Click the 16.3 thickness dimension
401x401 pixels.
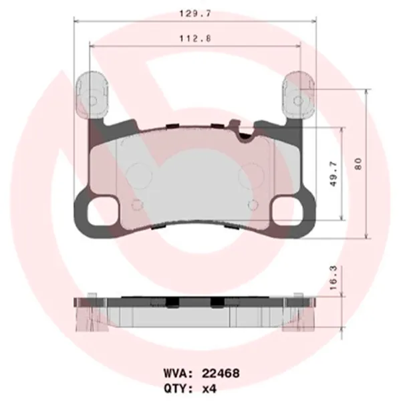[x=334, y=275]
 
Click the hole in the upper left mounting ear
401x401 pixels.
[x=93, y=101]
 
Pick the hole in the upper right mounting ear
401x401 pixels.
[x=297, y=101]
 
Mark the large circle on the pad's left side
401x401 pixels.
[x=140, y=174]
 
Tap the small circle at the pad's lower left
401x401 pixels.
[x=138, y=205]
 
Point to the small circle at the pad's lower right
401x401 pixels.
[x=252, y=205]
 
